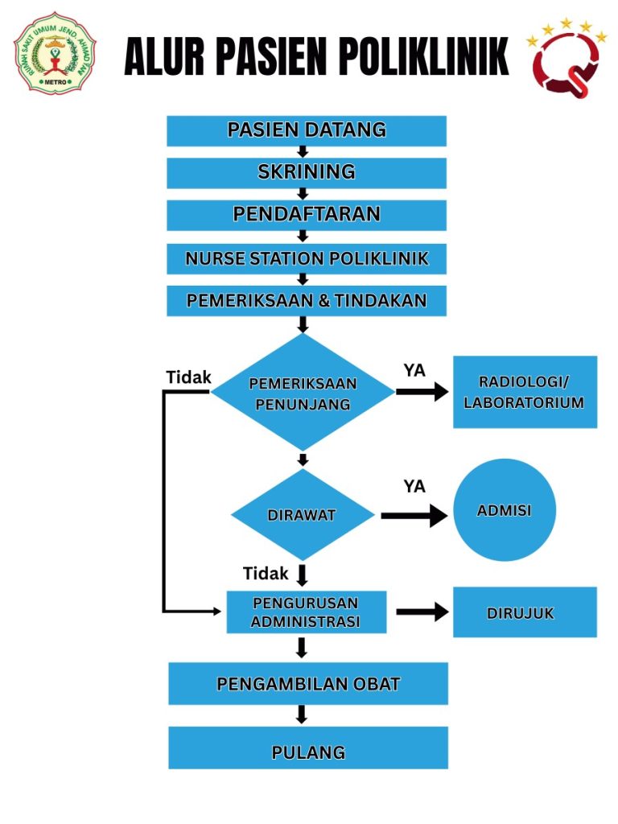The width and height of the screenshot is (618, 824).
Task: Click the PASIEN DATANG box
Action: coord(306,130)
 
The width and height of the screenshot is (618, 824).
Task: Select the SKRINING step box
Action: coord(306,172)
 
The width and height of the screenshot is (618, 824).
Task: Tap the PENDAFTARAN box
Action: coord(306,215)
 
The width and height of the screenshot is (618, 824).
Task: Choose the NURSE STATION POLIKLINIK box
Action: coord(306,259)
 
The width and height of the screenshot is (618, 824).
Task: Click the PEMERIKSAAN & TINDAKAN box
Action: coord(306,301)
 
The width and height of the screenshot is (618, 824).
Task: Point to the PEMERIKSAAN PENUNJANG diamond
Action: coord(303,393)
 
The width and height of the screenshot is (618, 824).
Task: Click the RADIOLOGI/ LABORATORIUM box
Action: coord(524,392)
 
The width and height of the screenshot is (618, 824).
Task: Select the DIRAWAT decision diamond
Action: coord(303,515)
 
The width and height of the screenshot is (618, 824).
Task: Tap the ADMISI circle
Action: coord(505,510)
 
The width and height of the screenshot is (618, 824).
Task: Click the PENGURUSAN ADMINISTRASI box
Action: coord(306,612)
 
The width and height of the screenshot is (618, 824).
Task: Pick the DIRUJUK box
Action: coord(524,612)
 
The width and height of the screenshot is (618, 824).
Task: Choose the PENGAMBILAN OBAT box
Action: coord(307,684)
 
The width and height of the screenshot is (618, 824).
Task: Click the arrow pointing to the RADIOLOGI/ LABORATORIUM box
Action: coord(422,392)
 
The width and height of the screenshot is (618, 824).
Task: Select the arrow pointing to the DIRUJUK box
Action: coord(422,612)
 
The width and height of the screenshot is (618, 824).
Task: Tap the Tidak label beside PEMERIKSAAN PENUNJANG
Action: coord(188,377)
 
